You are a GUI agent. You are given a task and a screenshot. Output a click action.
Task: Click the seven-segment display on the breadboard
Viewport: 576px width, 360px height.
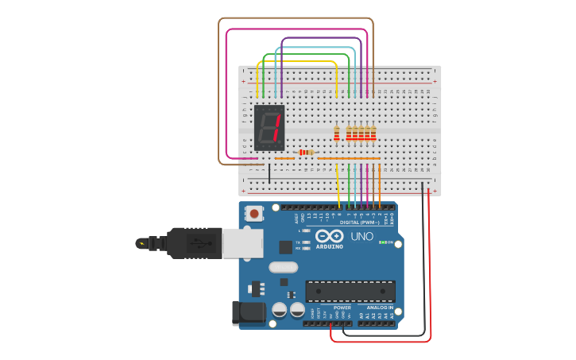(x=269, y=127)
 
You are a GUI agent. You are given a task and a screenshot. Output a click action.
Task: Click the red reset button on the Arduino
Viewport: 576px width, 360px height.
(x=254, y=213)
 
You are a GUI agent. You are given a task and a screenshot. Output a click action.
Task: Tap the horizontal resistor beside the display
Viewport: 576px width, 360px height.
(x=305, y=152)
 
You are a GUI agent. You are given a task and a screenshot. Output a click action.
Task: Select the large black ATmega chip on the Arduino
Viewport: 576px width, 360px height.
(x=350, y=291)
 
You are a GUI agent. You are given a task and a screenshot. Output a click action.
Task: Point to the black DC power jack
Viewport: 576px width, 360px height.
(x=247, y=313)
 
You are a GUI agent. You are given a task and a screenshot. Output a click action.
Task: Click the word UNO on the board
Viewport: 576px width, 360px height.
(x=362, y=236)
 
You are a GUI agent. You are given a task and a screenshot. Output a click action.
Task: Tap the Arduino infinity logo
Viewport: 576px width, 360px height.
(x=328, y=236)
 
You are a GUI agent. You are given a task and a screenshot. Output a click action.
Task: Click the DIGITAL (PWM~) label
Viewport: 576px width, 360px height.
(x=358, y=223)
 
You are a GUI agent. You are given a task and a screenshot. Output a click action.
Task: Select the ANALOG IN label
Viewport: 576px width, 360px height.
(x=380, y=307)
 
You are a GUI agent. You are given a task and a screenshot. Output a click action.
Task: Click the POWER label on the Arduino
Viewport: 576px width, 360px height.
(x=342, y=307)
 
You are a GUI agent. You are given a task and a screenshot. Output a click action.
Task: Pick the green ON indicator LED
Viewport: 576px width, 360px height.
(x=383, y=242)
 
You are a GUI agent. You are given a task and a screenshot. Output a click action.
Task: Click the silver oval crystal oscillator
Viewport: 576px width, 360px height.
(x=284, y=267)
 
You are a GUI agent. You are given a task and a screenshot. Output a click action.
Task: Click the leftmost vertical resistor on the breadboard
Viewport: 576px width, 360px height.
(x=337, y=133)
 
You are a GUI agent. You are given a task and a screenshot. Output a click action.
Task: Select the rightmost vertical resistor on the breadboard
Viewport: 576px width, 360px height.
(x=373, y=133)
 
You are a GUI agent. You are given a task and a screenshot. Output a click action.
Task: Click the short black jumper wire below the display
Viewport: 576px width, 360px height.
(x=269, y=173)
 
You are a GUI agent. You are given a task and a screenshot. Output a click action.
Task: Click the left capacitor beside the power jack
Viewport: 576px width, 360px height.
(x=280, y=310)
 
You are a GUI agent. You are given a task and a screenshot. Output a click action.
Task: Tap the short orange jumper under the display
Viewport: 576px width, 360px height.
(x=284, y=158)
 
